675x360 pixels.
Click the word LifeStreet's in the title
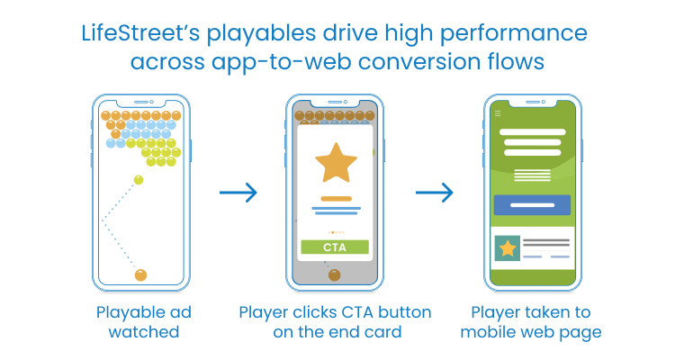tap(140, 32)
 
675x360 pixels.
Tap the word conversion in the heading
tap(419, 61)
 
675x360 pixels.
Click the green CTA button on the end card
tap(335, 247)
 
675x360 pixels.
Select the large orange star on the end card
tap(336, 163)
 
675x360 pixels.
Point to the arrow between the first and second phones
tap(238, 192)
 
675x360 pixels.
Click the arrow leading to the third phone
tap(435, 192)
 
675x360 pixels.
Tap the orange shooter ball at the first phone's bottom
tap(140, 274)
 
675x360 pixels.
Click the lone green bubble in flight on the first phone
tap(139, 180)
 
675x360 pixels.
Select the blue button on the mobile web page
tap(532, 205)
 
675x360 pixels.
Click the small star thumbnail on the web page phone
tap(508, 248)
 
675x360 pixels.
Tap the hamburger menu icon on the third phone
tap(498, 113)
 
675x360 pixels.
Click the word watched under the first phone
tap(144, 332)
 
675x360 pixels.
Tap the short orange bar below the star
tap(337, 199)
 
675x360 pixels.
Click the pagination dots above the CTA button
tap(336, 232)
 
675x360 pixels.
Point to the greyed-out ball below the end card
tap(335, 274)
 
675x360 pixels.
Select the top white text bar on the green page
tap(533, 132)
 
